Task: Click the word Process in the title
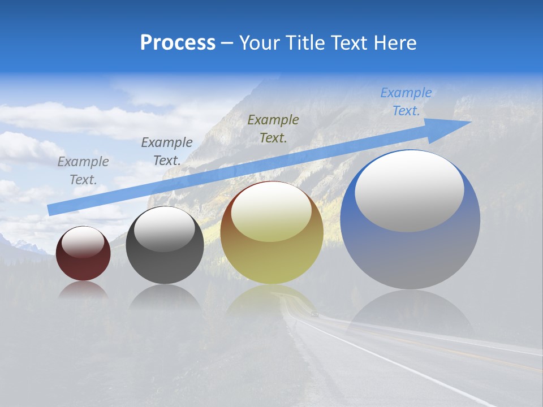[178, 43]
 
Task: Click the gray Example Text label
[83, 171]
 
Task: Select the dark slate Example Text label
[166, 151]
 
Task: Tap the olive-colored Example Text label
[273, 128]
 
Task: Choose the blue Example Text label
[406, 102]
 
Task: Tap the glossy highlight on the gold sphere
[271, 212]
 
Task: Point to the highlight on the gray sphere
[165, 228]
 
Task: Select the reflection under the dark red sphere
[83, 289]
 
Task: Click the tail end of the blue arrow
[52, 210]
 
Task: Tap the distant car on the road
[314, 314]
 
